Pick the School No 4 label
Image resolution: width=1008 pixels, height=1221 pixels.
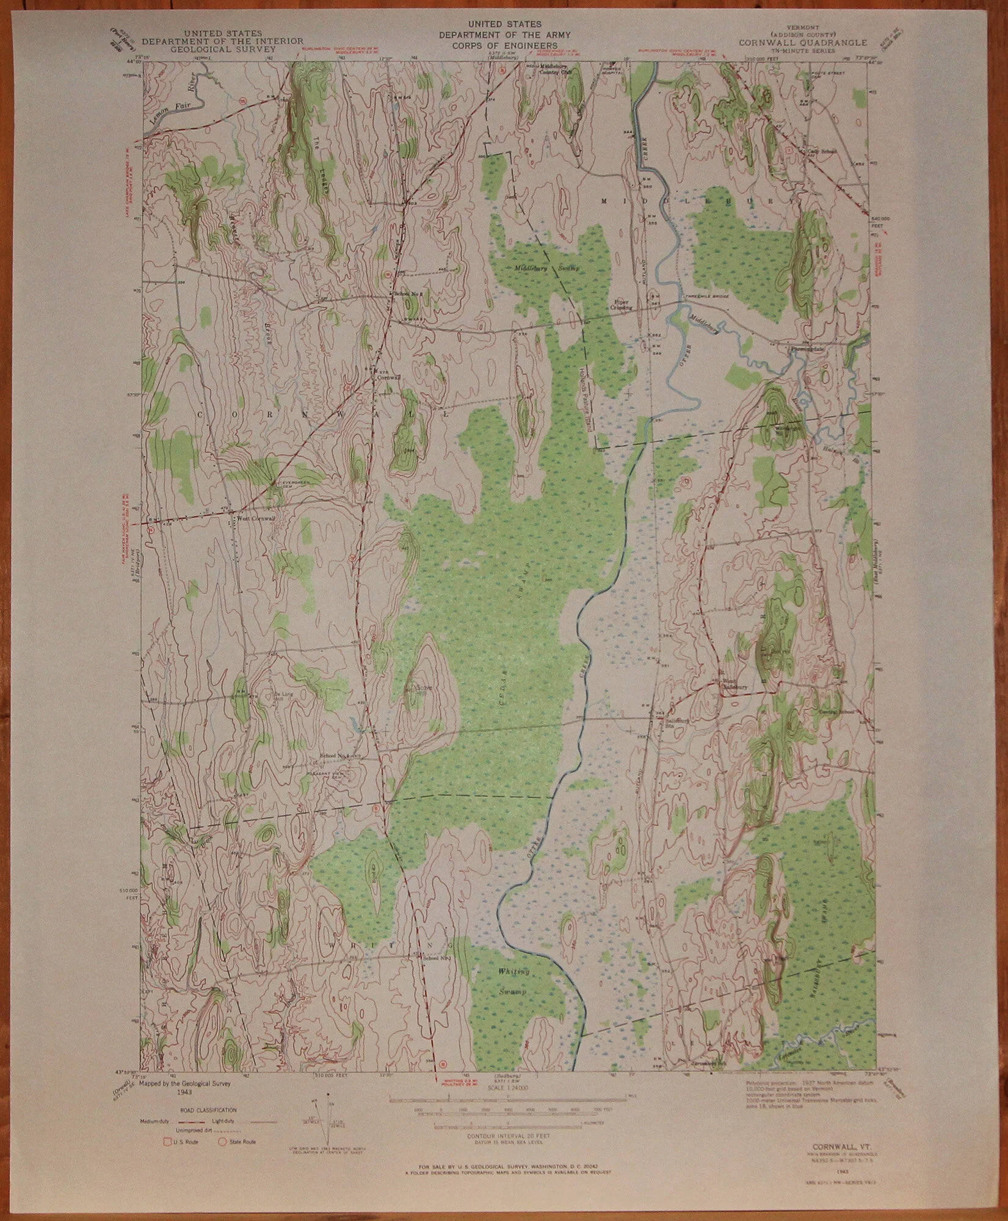[x=337, y=756]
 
